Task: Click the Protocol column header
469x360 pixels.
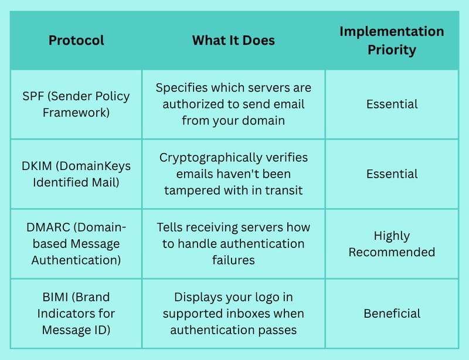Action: pyautogui.click(x=76, y=40)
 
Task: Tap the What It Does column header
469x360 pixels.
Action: pyautogui.click(x=233, y=40)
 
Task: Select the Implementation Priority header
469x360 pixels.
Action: pyautogui.click(x=392, y=40)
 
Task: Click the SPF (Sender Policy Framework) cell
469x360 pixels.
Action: pyautogui.click(x=76, y=104)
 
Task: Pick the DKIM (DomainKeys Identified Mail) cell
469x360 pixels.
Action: pyautogui.click(x=76, y=174)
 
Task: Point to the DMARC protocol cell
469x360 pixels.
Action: pyautogui.click(x=76, y=243)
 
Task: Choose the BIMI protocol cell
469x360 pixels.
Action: pyautogui.click(x=76, y=313)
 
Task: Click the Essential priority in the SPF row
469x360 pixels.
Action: pyautogui.click(x=392, y=104)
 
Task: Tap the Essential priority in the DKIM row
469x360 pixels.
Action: pyautogui.click(x=392, y=174)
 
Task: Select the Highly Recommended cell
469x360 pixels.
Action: pyautogui.click(x=392, y=243)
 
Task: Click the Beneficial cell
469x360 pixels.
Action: pyautogui.click(x=392, y=313)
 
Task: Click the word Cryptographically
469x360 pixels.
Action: pyautogui.click(x=210, y=158)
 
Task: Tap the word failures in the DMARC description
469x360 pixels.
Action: pyautogui.click(x=233, y=260)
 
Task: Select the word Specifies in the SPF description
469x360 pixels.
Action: pyautogui.click(x=182, y=88)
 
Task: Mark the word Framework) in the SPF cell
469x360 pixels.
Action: pyautogui.click(x=76, y=113)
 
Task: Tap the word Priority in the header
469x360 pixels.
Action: pyautogui.click(x=392, y=50)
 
